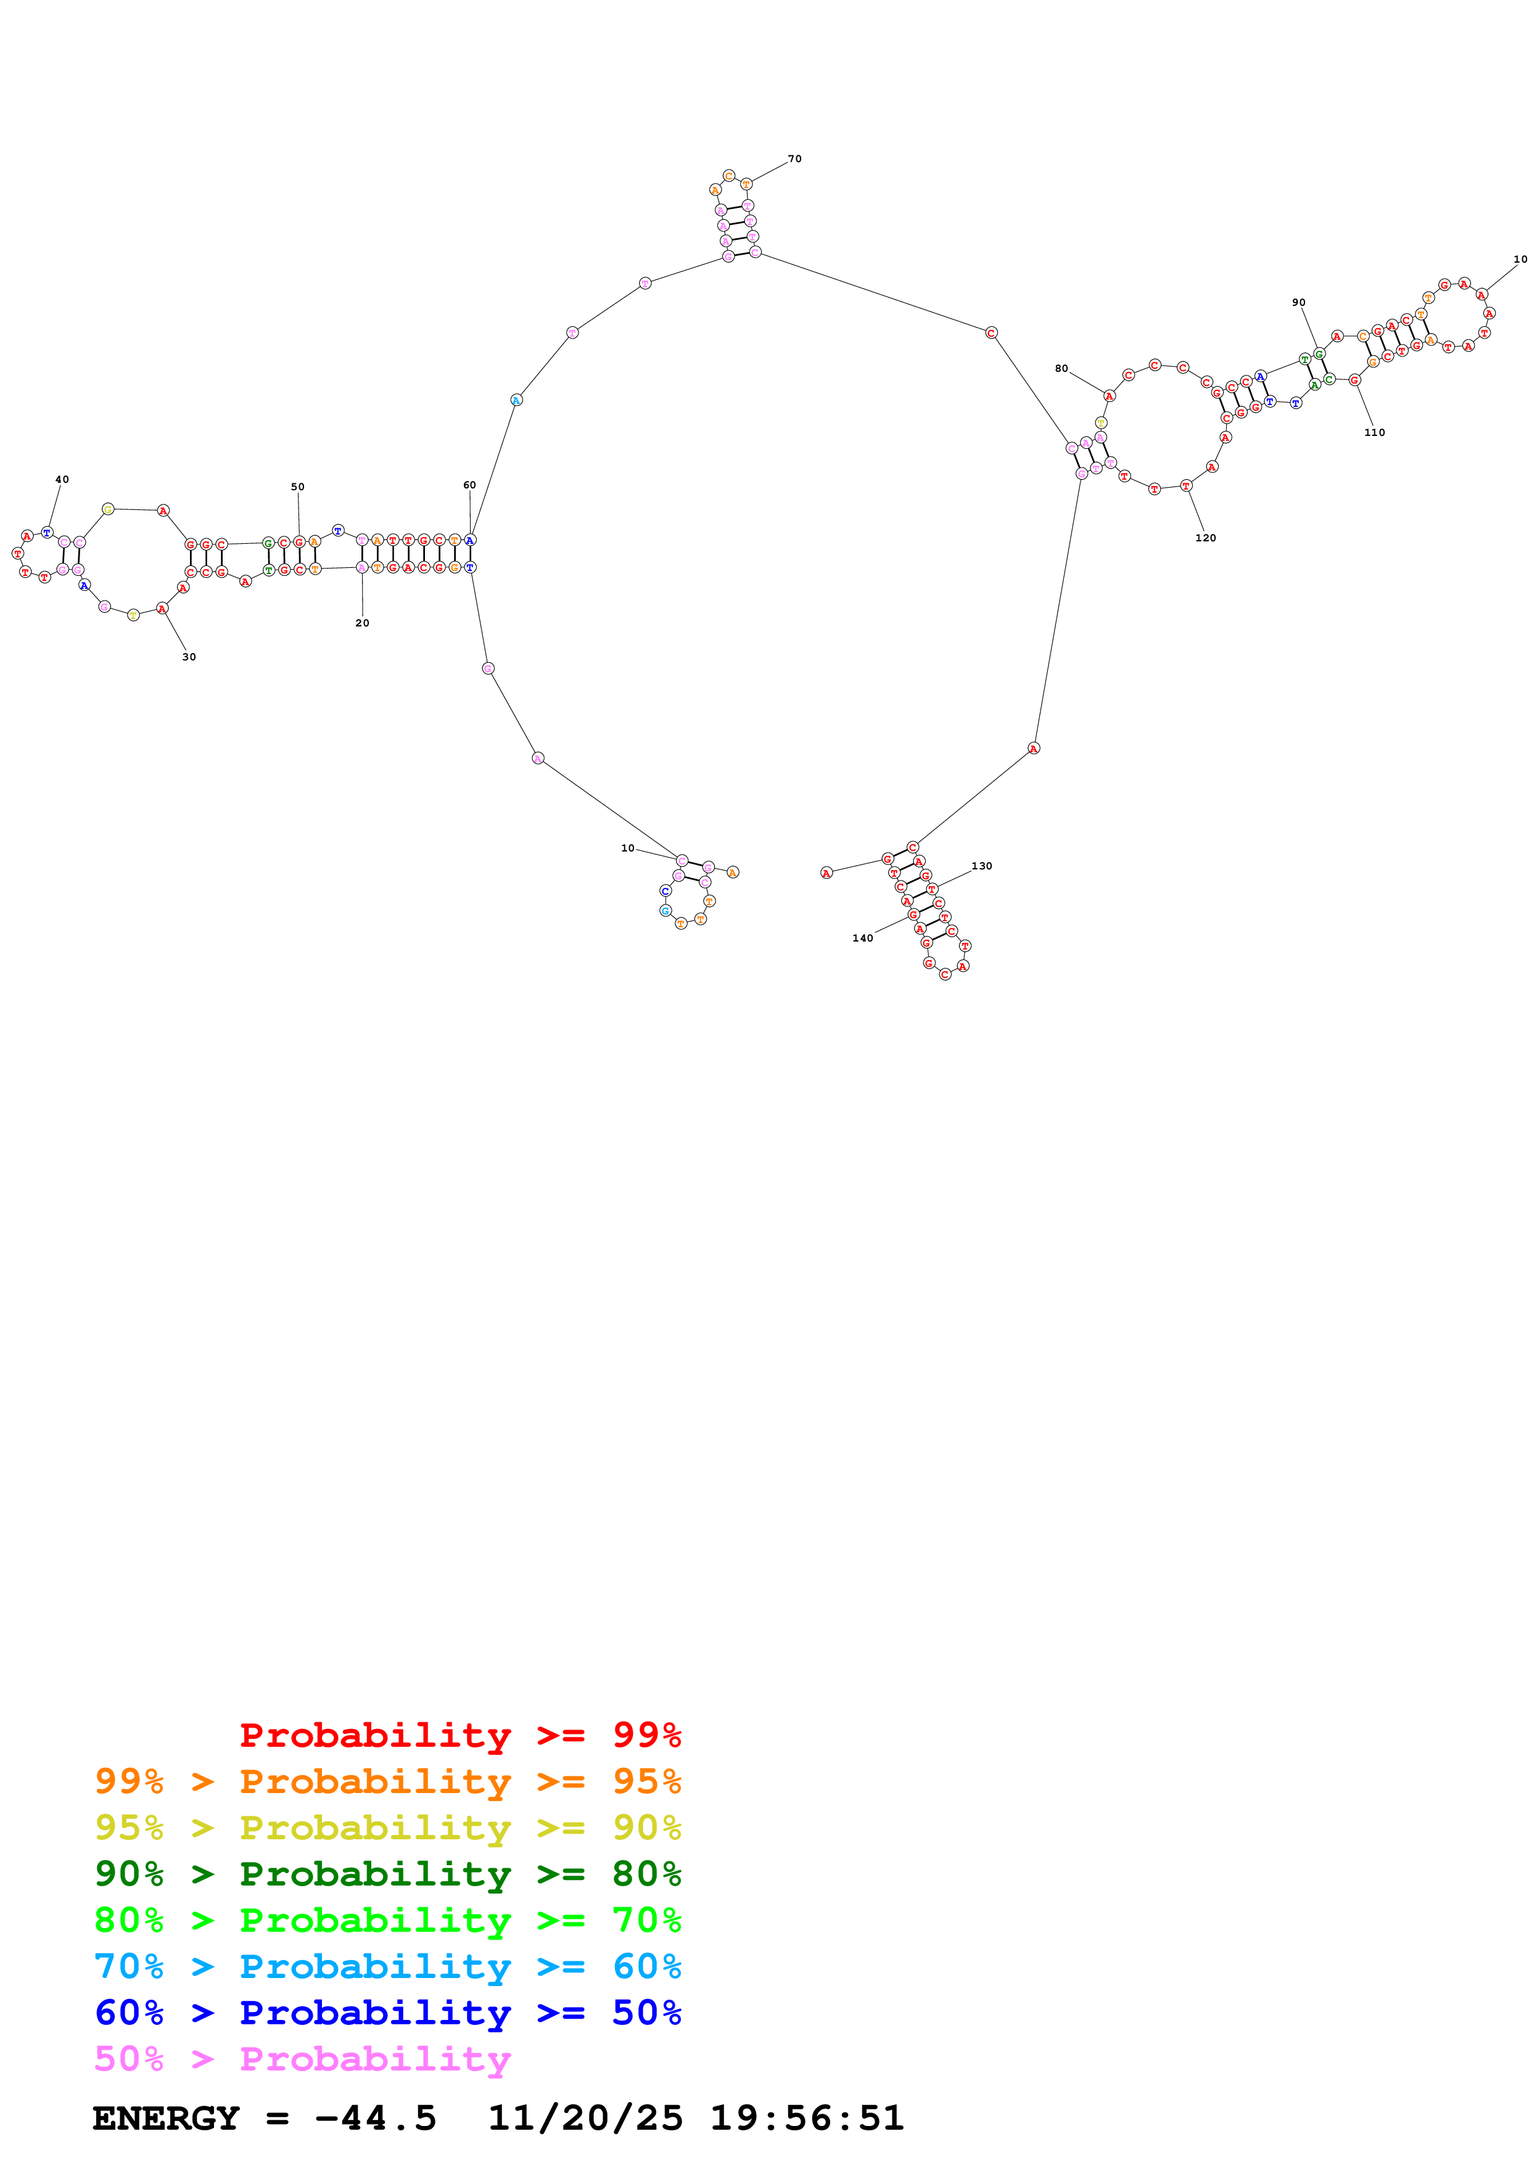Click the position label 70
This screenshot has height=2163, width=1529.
[794, 159]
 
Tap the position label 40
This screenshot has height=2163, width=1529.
[62, 480]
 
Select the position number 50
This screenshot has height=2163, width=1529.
[298, 487]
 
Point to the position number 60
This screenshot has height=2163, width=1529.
[469, 485]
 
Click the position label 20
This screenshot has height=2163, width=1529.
[363, 623]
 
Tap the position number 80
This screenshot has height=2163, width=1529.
[1061, 368]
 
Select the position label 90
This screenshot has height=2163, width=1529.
[1298, 302]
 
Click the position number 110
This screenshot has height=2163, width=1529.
[1375, 432]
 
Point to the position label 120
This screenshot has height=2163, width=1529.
[1205, 538]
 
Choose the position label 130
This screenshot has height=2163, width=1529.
[982, 866]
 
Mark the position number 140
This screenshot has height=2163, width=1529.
[862, 938]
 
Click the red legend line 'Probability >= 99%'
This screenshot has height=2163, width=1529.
[460, 1735]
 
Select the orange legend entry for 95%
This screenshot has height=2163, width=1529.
[387, 1781]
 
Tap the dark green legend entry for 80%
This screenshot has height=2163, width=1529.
[387, 1874]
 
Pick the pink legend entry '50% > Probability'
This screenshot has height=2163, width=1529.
[302, 2058]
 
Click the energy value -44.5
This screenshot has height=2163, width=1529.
[375, 2118]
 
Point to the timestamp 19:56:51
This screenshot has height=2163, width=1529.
[806, 2118]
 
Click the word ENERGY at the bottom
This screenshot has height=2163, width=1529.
[166, 2118]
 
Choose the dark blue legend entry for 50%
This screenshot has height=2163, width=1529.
[387, 2013]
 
